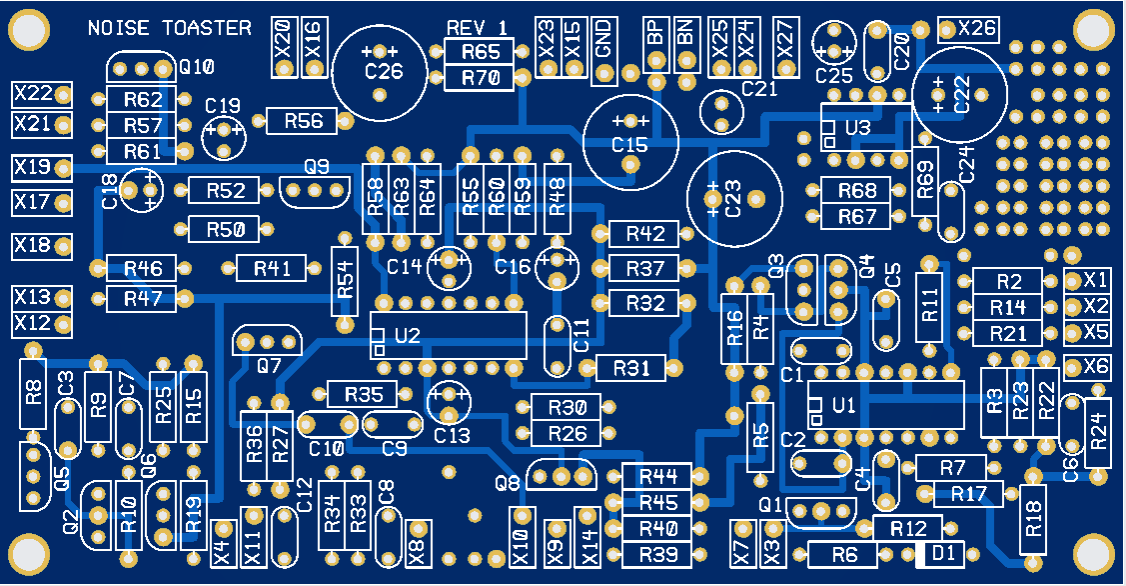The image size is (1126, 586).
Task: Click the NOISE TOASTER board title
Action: tap(170, 28)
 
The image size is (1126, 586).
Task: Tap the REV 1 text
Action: tap(477, 28)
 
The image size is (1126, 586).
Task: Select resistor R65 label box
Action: tap(480, 52)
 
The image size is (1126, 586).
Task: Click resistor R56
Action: tap(304, 121)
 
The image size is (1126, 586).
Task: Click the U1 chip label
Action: tap(844, 406)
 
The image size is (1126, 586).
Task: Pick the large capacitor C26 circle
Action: tap(381, 71)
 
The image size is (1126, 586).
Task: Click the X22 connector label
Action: tap(33, 94)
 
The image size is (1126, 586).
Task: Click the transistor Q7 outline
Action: tap(268, 342)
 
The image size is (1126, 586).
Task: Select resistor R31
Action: tap(630, 368)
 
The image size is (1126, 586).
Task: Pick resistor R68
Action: tap(857, 190)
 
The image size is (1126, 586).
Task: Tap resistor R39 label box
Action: tap(658, 552)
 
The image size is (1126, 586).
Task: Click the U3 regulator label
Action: tap(857, 129)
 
